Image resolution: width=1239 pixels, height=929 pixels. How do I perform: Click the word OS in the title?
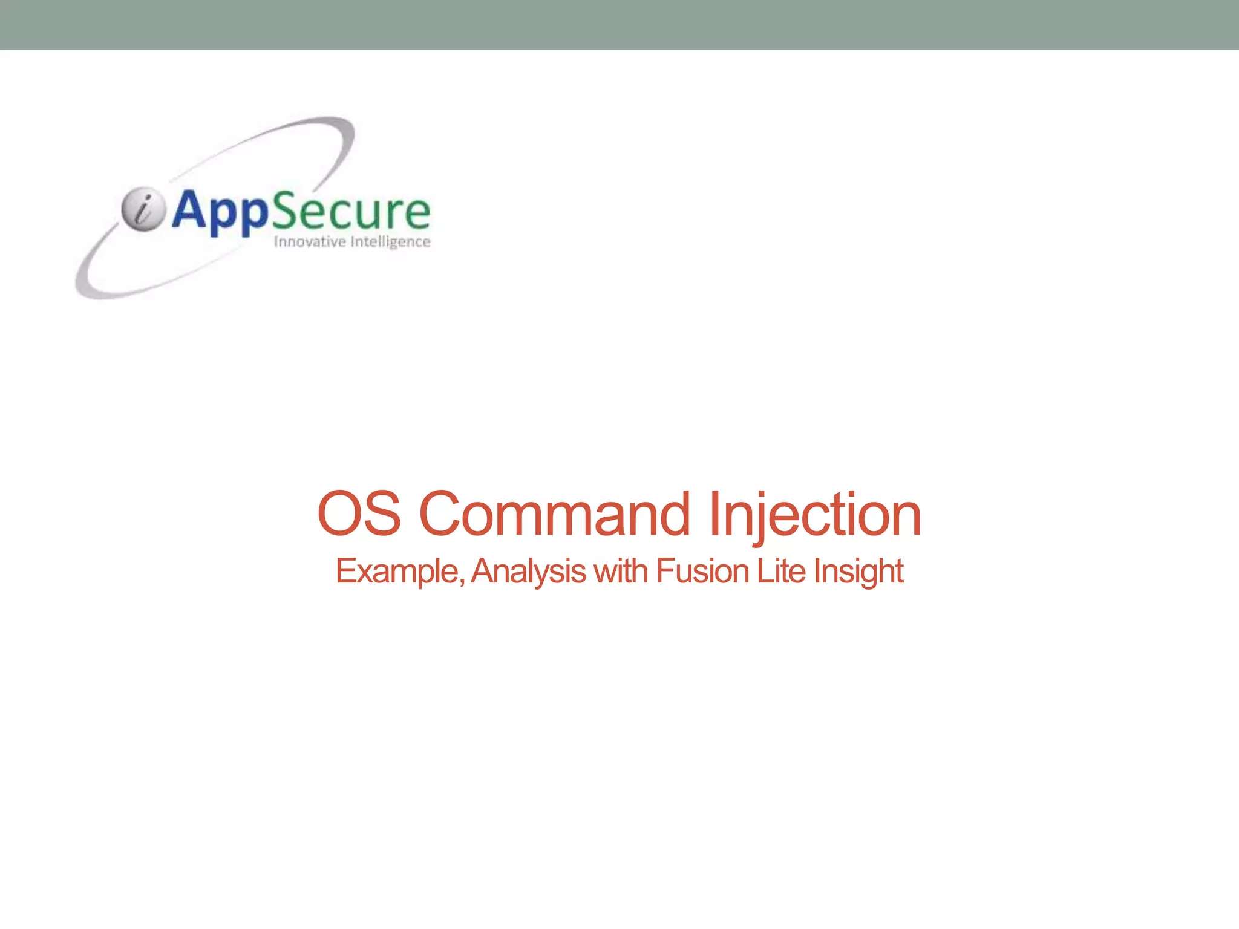click(x=359, y=514)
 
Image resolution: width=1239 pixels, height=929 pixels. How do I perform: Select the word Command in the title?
click(x=554, y=514)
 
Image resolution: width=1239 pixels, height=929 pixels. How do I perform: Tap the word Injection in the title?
click(x=815, y=514)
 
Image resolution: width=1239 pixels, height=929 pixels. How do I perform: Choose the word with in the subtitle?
click(x=621, y=571)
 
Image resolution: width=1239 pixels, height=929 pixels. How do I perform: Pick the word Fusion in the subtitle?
click(x=702, y=571)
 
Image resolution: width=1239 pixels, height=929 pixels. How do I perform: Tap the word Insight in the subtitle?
click(x=858, y=571)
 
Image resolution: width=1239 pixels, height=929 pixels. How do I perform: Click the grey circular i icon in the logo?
click(x=143, y=209)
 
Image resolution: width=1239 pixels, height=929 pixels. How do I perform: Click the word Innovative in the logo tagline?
click(x=309, y=242)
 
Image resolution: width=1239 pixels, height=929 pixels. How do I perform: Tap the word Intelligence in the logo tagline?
click(x=391, y=242)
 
